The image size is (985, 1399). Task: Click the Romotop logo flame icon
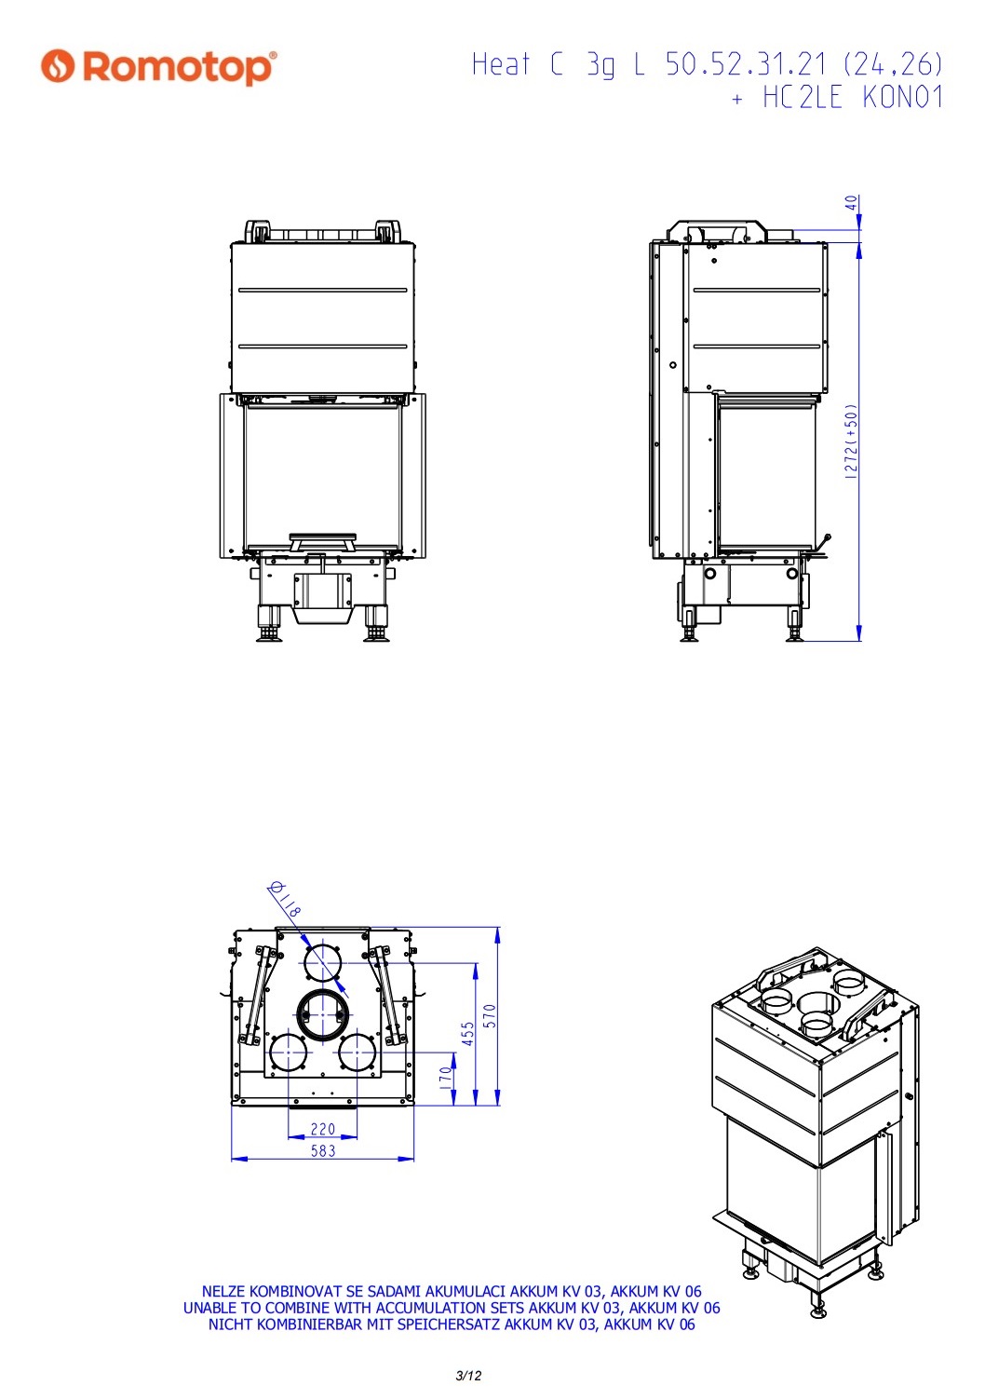(x=58, y=65)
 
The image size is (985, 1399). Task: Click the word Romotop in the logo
(x=178, y=68)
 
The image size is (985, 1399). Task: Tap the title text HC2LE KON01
(x=853, y=98)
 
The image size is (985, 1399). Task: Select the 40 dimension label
(x=852, y=203)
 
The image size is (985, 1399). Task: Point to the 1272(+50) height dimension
(x=851, y=441)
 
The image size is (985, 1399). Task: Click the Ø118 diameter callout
(x=285, y=900)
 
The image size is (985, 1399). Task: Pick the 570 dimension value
(x=491, y=1016)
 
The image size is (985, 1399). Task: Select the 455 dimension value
(x=468, y=1034)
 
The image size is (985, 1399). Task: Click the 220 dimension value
(x=323, y=1129)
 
